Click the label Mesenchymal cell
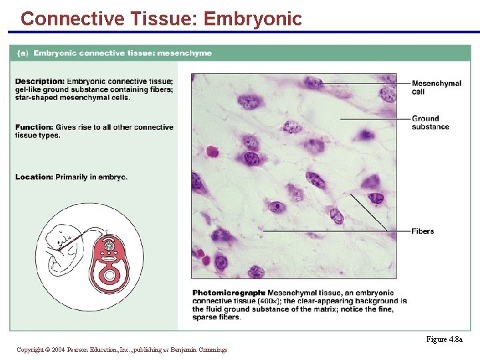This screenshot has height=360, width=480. tap(436, 87)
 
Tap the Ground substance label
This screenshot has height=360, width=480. tap(430, 123)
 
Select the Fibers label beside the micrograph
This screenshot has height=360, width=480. tap(423, 231)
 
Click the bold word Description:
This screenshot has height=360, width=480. tap(39, 82)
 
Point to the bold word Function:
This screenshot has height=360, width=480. tap(33, 127)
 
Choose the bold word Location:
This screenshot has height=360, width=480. tap(33, 177)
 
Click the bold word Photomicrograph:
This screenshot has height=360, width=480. tap(228, 293)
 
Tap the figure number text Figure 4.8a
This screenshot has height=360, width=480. tap(444, 339)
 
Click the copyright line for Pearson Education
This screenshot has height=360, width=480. tap(121, 350)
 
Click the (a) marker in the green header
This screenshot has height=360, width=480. tap(22, 53)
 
